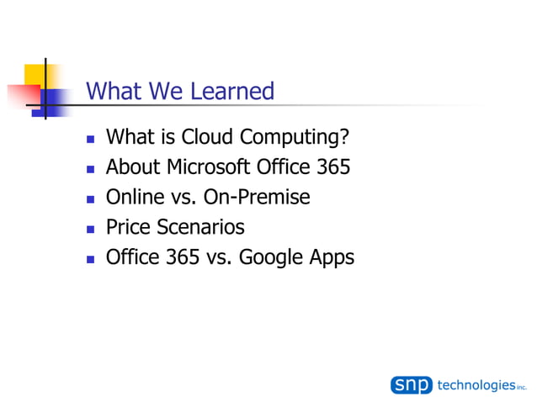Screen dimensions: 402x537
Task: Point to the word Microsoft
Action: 210,167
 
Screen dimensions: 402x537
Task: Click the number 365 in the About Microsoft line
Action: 332,167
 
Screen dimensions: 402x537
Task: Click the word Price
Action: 129,227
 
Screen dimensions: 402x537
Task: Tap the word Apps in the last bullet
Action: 331,258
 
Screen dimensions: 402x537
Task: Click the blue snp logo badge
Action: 412,384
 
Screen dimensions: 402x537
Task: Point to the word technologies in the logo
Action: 476,384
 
